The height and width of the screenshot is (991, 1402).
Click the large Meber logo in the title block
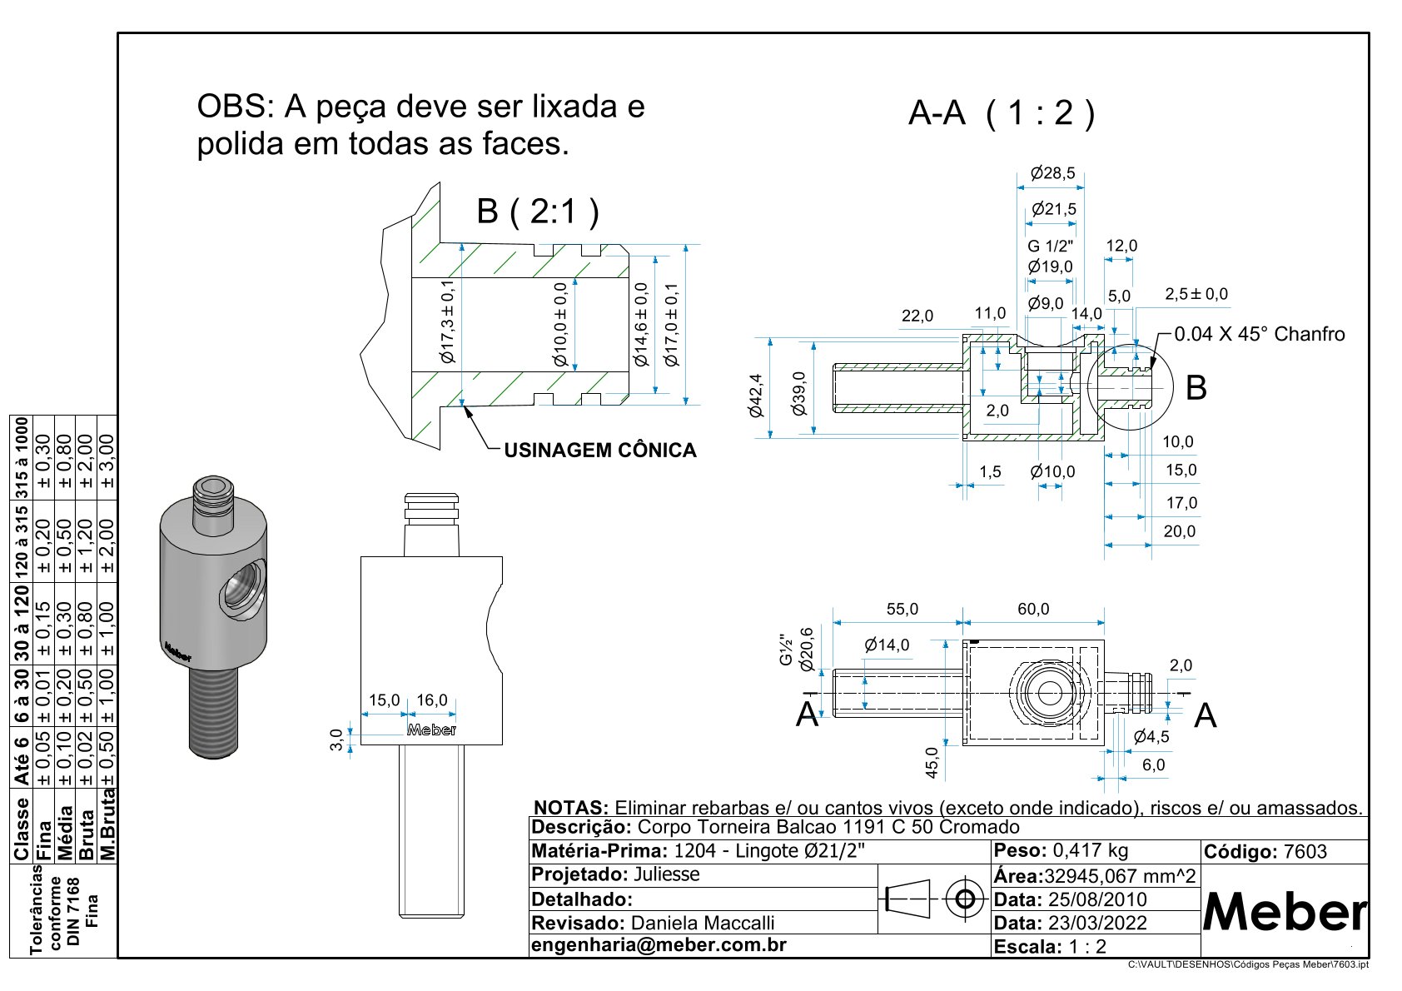coord(1285,913)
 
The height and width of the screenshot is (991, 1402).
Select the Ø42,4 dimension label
coord(756,395)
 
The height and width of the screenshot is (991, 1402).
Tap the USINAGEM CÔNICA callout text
coord(600,451)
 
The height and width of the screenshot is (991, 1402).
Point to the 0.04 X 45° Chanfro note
coord(1259,334)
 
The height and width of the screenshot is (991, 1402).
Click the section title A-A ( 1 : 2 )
coord(1001,112)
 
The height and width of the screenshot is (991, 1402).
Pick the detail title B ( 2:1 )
coord(537,212)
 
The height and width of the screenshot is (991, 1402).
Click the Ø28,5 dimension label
coord(1052,173)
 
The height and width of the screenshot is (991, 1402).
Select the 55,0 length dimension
coord(902,609)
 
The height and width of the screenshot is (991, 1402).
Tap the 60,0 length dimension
coord(1033,609)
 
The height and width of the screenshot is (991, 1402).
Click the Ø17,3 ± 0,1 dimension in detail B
coord(448,323)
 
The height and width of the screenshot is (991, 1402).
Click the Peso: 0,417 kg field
coord(1061,850)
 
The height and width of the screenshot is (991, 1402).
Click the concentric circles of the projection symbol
coord(965,899)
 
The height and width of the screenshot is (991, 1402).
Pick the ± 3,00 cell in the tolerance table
coord(107,461)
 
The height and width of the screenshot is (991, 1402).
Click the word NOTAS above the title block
coord(571,808)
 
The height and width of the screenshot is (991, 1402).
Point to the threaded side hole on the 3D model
coord(243,589)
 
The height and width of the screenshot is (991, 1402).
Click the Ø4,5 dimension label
coord(1151,736)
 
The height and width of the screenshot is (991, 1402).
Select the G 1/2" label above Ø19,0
coord(1050,246)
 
